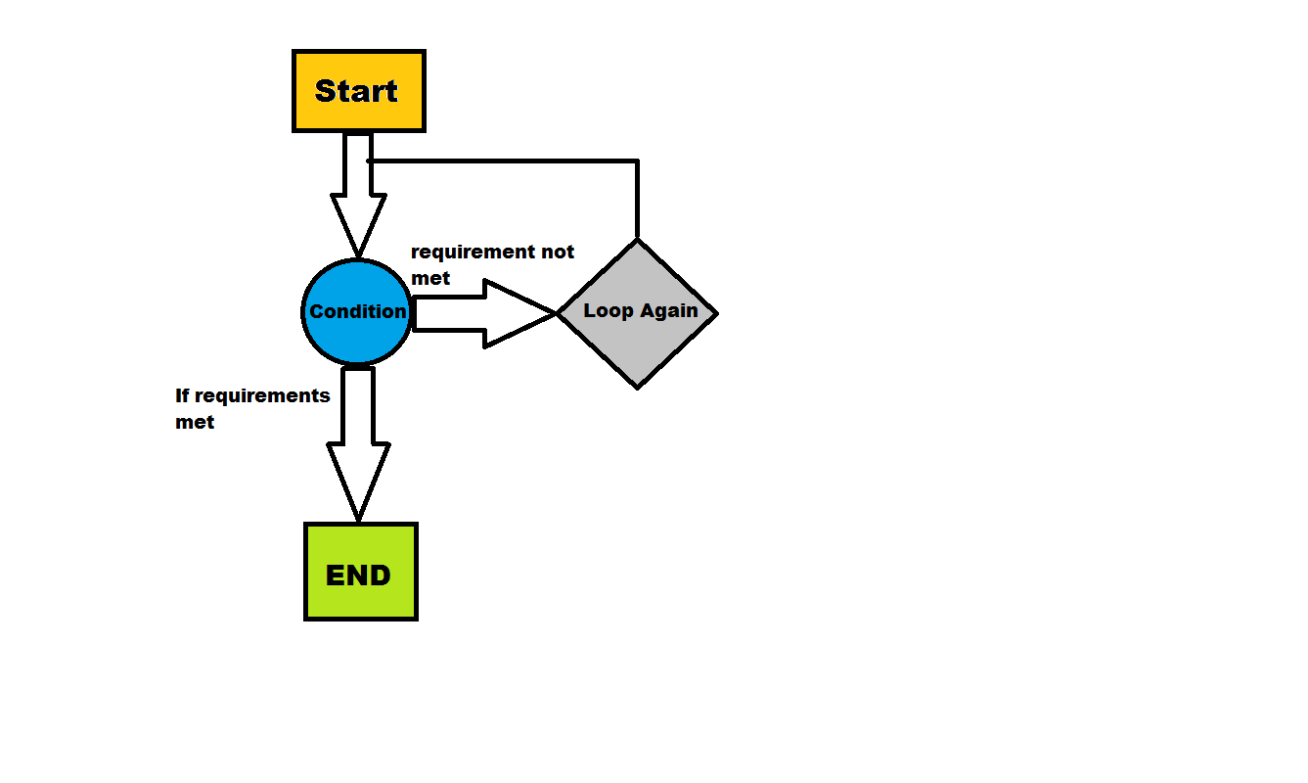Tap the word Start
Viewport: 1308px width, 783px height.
[357, 91]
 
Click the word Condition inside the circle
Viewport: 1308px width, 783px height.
[357, 311]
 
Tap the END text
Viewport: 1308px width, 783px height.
[359, 576]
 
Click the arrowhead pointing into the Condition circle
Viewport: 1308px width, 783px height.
[358, 225]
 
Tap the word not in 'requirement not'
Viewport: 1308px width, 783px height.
[558, 252]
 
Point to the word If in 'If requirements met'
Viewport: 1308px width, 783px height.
[181, 395]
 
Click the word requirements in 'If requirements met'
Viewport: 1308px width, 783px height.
[261, 396]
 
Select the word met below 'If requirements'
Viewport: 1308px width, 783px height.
[195, 423]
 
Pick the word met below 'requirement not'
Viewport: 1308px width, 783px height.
[430, 278]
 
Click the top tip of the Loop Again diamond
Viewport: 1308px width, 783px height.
[638, 242]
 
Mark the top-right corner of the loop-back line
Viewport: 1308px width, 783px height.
[638, 161]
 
